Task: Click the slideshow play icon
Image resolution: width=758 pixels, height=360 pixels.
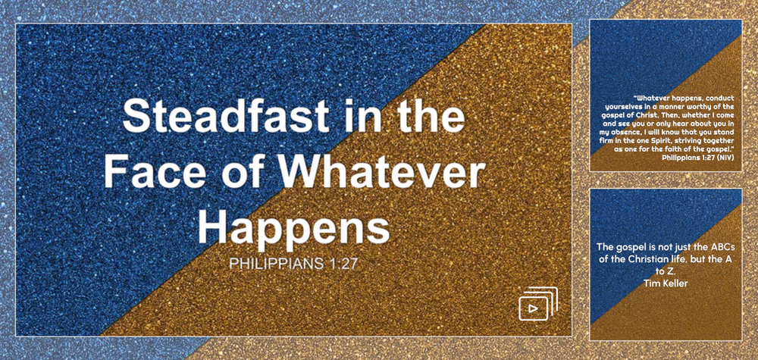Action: click(x=537, y=304)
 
